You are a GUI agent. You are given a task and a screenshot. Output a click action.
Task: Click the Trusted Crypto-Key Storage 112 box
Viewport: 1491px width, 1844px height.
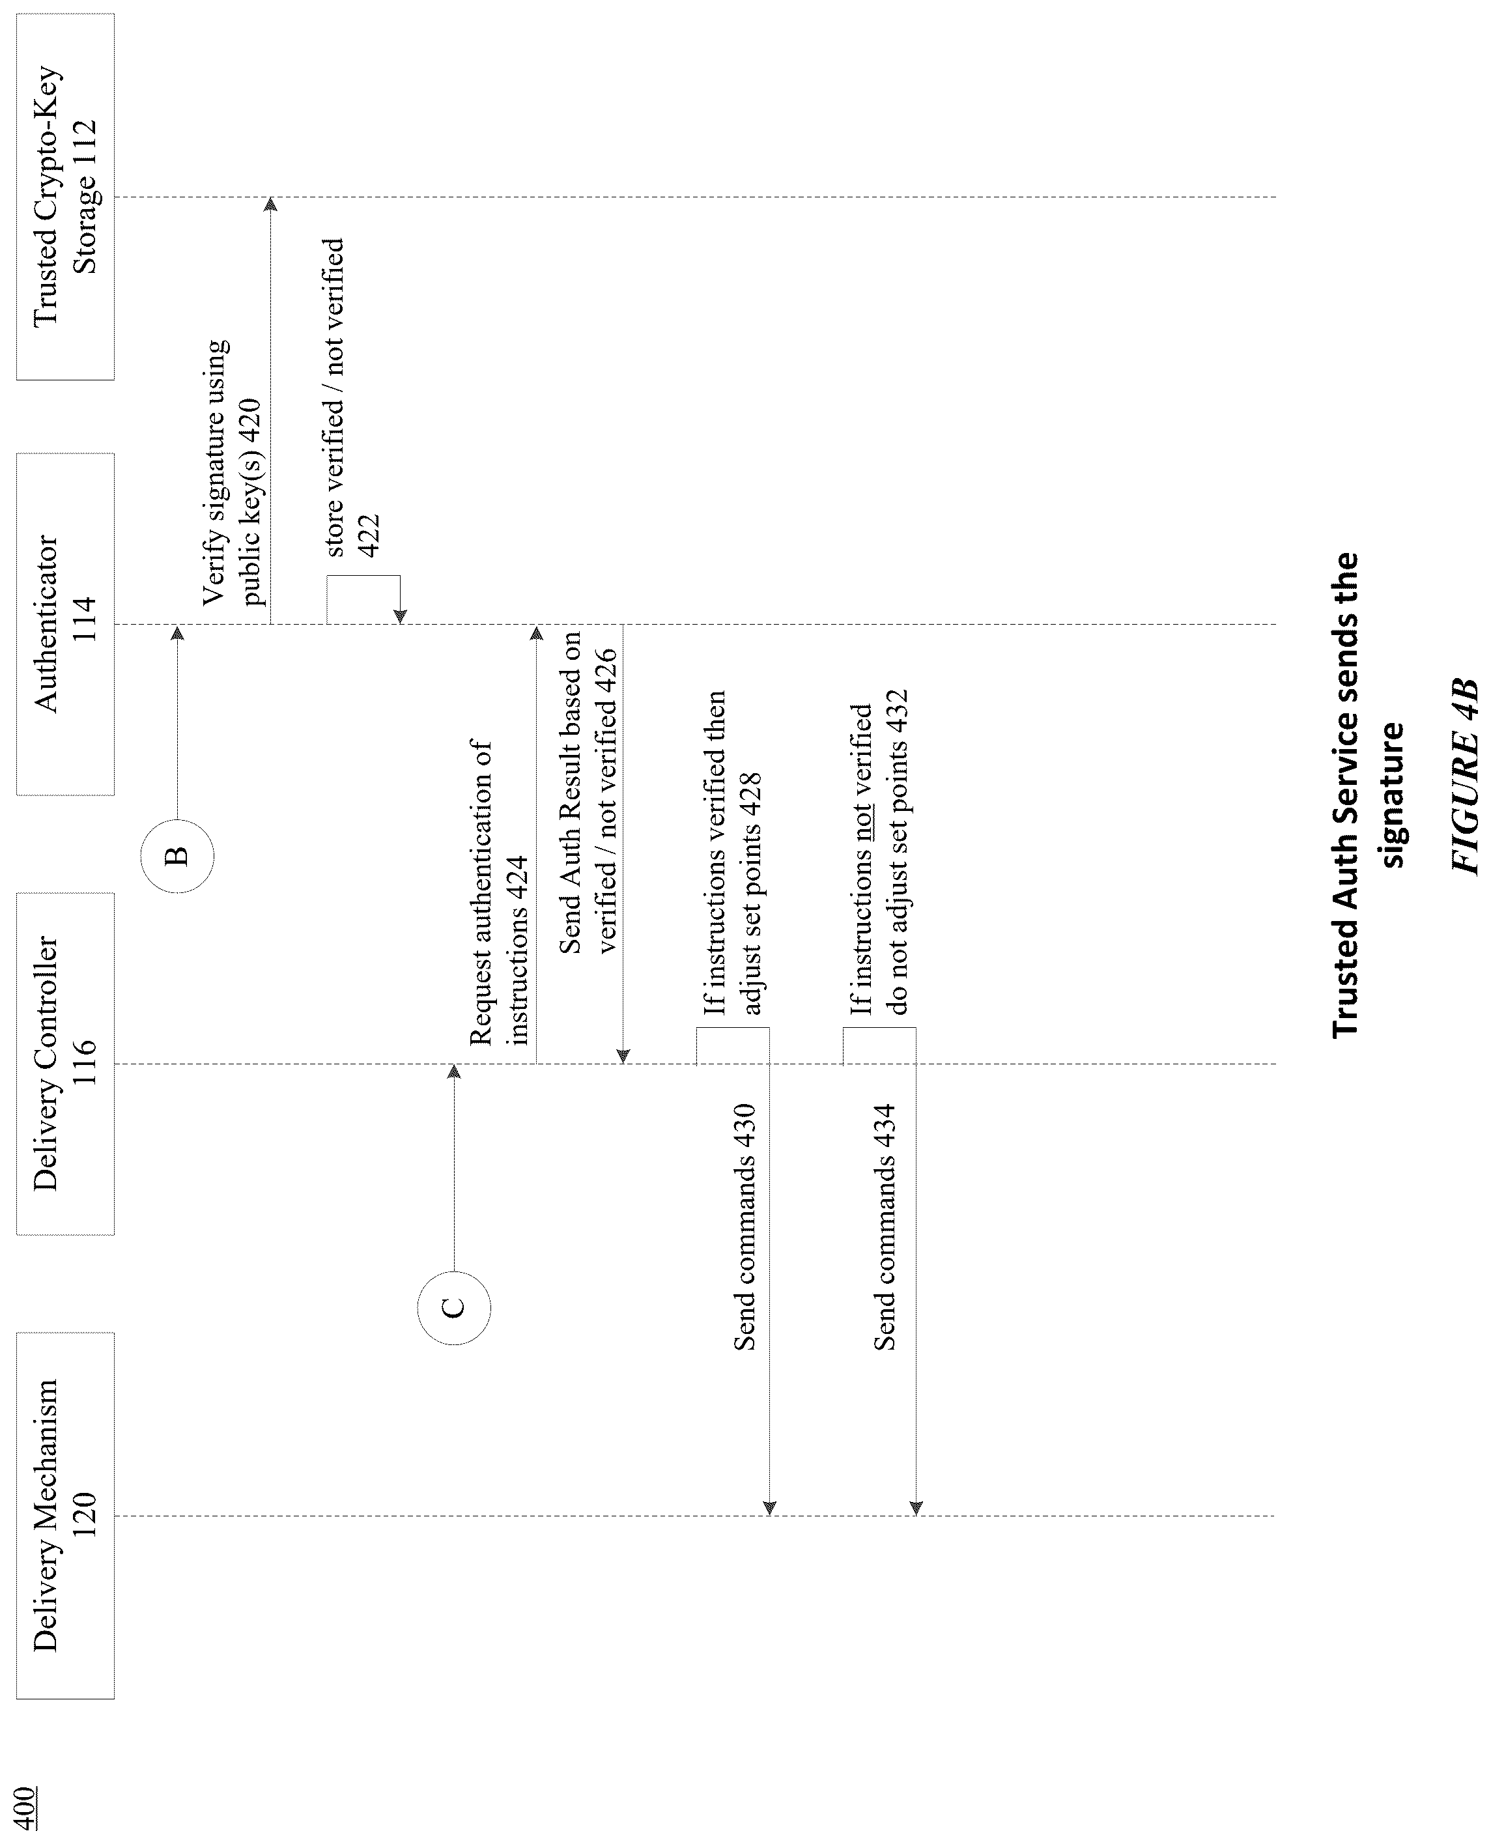[65, 197]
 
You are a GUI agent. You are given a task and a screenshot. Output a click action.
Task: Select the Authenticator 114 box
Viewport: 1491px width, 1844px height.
[65, 625]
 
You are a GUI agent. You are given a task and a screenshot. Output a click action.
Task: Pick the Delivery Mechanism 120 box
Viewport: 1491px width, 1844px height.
[65, 1516]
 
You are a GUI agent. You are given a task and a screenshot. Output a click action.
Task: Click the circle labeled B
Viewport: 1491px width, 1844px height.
[177, 857]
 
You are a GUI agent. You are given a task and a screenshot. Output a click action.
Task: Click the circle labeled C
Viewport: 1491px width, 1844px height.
[453, 1308]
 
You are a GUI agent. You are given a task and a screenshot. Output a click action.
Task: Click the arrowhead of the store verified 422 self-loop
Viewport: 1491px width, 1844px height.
[400, 617]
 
